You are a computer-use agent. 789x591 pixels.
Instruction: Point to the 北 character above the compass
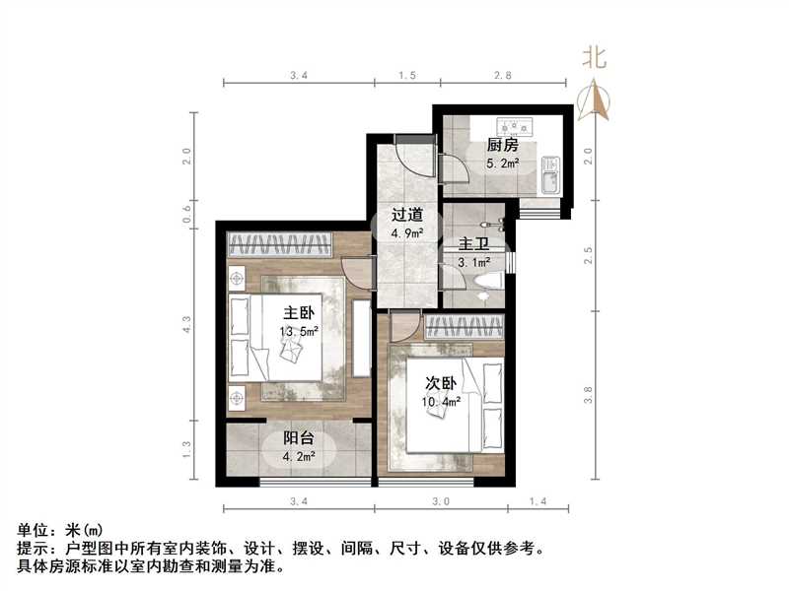click(594, 58)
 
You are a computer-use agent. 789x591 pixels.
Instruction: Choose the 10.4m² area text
click(443, 401)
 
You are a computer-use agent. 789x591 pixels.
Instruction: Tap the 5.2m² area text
click(502, 164)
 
